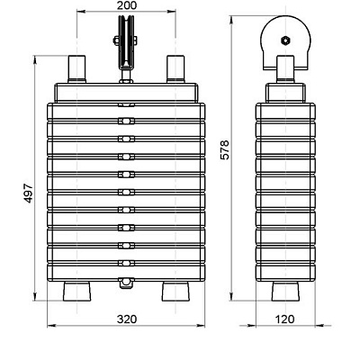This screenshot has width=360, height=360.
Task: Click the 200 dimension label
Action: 126,5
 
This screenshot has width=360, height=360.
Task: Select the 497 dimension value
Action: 29,193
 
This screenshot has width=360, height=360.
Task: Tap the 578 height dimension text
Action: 224,149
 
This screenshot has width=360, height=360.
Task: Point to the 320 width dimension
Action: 127,319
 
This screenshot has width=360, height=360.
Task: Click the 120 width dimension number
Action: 284,319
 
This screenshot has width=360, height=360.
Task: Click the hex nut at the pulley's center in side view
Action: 285,40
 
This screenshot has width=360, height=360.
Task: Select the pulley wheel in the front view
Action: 126,41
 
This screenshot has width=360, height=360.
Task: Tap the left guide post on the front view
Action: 77,68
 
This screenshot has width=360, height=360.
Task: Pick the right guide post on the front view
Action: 175,68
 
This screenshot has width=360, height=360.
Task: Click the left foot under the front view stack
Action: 77,292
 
